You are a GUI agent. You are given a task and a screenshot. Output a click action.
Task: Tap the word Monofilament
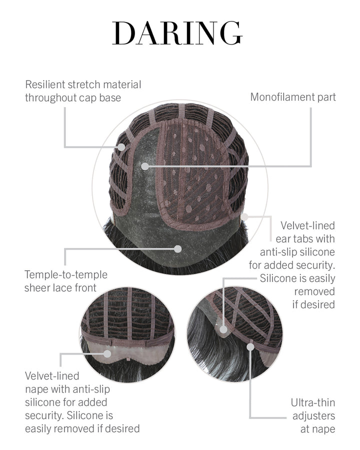[x=282, y=97]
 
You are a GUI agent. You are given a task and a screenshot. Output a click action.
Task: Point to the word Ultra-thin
[x=313, y=402]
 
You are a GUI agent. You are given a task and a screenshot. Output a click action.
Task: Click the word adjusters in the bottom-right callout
[x=313, y=415]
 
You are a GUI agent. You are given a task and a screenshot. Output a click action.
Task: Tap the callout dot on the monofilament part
[x=144, y=165]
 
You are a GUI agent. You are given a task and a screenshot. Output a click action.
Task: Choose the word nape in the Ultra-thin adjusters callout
[x=323, y=428]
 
